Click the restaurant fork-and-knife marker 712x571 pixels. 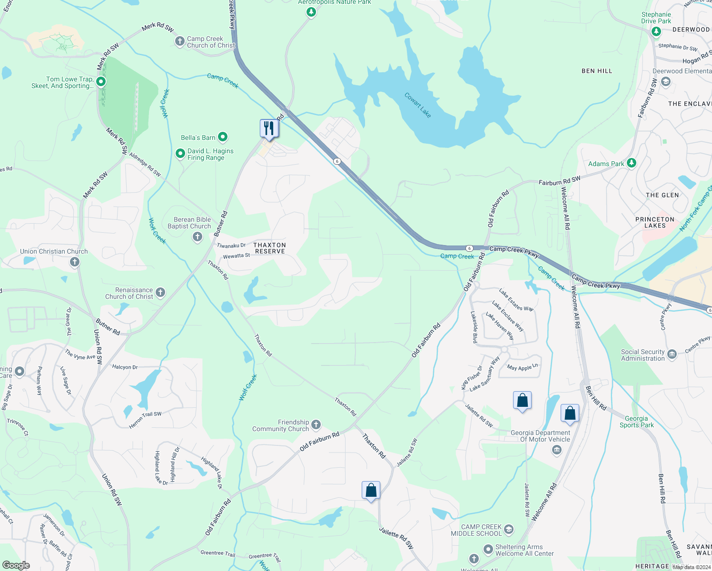[x=269, y=128]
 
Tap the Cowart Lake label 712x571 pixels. [x=418, y=105]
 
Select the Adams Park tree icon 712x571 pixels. [x=632, y=163]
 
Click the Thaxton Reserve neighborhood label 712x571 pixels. [x=270, y=248]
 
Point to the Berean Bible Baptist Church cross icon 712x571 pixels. [x=198, y=237]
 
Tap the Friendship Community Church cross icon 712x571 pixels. [x=316, y=424]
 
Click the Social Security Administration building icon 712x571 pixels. [x=672, y=354]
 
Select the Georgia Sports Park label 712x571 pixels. [x=636, y=422]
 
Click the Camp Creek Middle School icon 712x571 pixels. [x=509, y=530]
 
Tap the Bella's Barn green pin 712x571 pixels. [x=223, y=138]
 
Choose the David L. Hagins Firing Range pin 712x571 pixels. [x=180, y=154]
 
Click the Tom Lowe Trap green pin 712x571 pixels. [x=101, y=82]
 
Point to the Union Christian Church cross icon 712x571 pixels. [x=74, y=262]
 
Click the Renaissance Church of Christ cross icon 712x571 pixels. [x=160, y=293]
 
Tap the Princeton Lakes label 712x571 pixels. [x=655, y=222]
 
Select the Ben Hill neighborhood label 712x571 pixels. [x=597, y=71]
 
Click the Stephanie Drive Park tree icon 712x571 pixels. [x=656, y=31]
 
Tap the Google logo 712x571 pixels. [x=16, y=565]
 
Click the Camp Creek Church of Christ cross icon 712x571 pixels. [x=179, y=41]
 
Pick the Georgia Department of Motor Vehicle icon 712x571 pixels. [x=557, y=451]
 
